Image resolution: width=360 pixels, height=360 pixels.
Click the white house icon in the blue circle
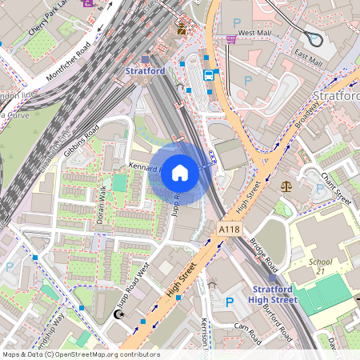(x=180, y=173)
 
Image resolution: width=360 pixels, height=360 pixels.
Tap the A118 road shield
(x=229, y=230)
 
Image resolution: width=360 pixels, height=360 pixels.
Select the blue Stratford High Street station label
(x=274, y=294)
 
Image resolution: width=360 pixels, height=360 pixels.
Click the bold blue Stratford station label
(x=146, y=71)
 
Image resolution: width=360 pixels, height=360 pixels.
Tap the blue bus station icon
(x=209, y=75)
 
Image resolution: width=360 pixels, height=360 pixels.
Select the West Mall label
(x=255, y=33)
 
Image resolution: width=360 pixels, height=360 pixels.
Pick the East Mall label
(x=307, y=58)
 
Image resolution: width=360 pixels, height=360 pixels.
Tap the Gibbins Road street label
(x=81, y=141)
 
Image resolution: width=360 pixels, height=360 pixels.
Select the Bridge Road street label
(x=262, y=254)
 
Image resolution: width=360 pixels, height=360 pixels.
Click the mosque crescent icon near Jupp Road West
(x=119, y=315)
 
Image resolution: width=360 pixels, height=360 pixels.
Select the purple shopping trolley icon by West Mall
(x=230, y=38)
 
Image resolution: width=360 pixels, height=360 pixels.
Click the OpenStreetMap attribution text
(x=80, y=354)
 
